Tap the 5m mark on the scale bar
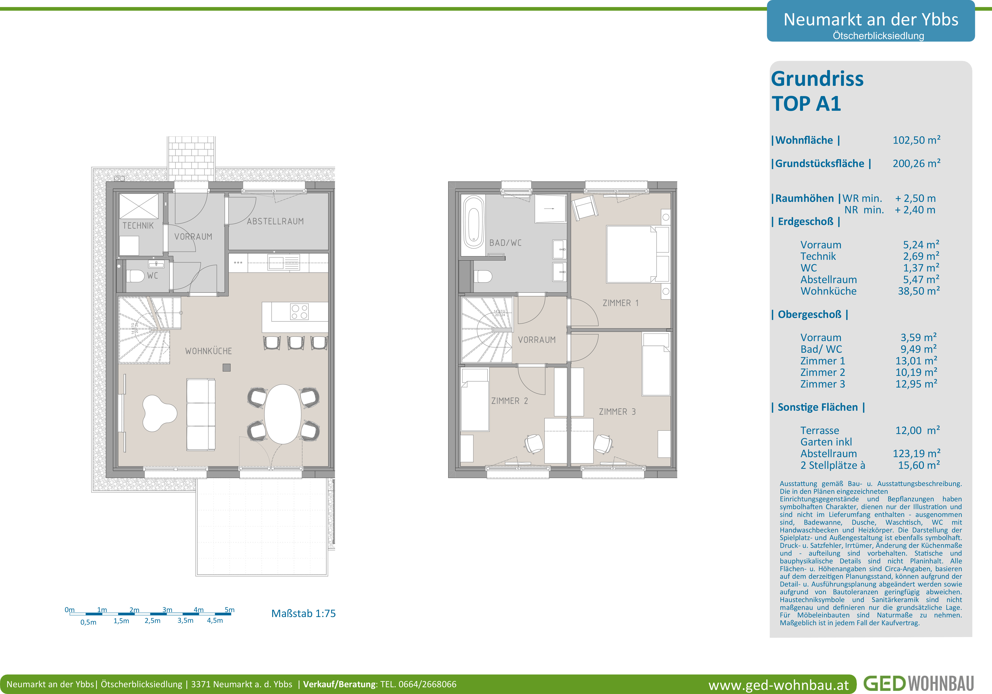229,610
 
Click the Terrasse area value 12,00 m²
917,431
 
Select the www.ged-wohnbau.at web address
779,685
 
